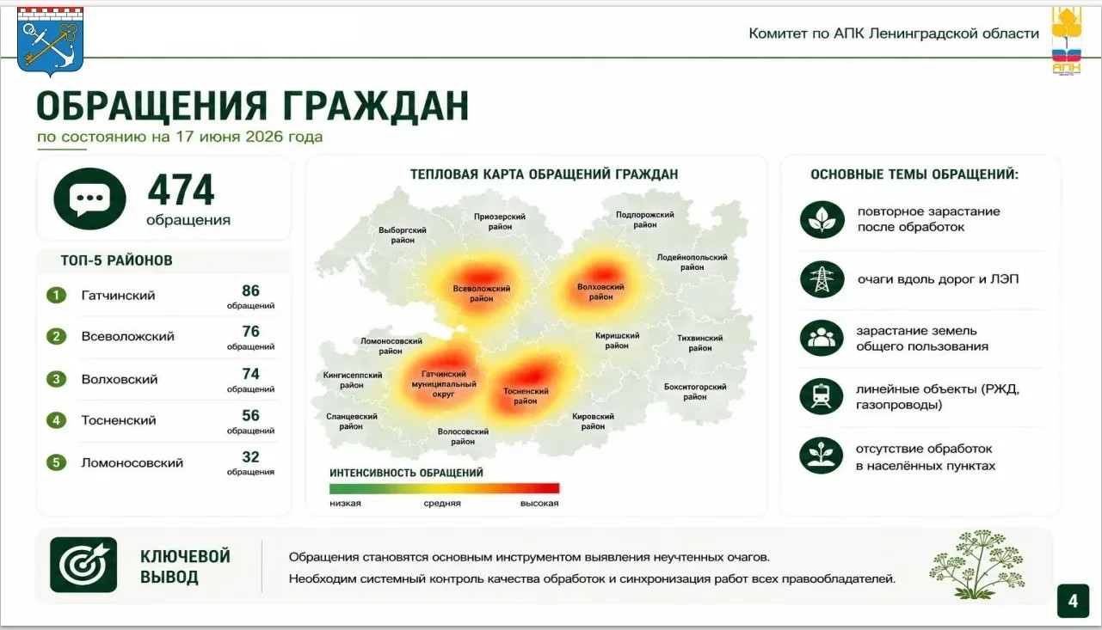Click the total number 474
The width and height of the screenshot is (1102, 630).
[181, 190]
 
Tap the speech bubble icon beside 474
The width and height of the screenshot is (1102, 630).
[89, 199]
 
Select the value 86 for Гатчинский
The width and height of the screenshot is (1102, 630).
[250, 291]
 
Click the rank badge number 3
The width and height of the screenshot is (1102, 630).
[57, 379]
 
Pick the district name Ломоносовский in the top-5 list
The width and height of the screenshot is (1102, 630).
[132, 463]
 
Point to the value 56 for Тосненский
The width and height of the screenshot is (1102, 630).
[250, 415]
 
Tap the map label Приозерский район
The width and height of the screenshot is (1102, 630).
[500, 222]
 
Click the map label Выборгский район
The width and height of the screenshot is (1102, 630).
[403, 235]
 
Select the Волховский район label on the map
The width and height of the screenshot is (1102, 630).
[600, 291]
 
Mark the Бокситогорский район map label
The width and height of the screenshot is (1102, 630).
[694, 392]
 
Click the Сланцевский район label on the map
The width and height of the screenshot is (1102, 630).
[351, 421]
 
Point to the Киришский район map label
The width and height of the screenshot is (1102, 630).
[617, 340]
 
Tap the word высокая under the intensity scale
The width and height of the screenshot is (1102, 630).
[539, 503]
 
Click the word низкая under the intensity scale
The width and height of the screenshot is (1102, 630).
[345, 503]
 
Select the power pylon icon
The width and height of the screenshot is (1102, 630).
[822, 279]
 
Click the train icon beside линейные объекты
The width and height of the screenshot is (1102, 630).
[822, 396]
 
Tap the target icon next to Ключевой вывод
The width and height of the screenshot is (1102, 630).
[83, 565]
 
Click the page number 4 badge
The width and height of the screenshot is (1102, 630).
[1073, 601]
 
